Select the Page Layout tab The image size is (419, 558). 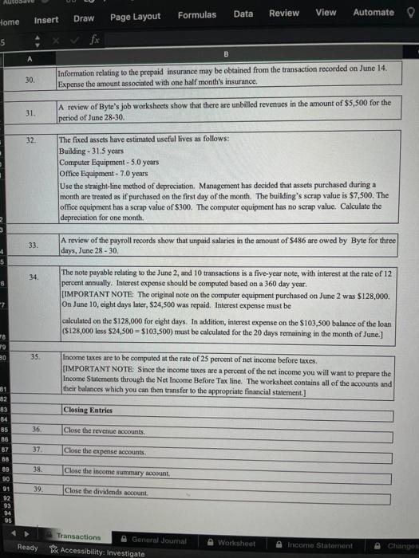[x=135, y=17]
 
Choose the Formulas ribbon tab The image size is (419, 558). [x=196, y=15]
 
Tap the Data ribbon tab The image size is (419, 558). [x=243, y=14]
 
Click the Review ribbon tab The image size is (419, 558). [x=284, y=14]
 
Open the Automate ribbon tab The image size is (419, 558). [x=373, y=13]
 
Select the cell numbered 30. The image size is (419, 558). [x=30, y=81]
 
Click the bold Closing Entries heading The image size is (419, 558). [x=88, y=409]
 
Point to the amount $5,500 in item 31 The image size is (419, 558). [x=348, y=103]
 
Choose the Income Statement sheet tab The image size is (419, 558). [x=318, y=544]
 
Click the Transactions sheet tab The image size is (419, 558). [x=79, y=537]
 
